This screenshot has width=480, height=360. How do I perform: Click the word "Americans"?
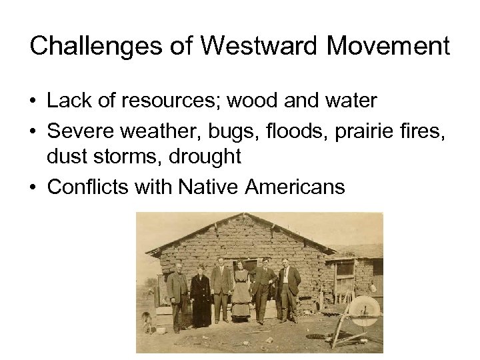coord(295,187)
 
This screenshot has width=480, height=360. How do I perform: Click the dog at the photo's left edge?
coord(147,322)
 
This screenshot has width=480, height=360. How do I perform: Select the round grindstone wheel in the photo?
coord(363,311)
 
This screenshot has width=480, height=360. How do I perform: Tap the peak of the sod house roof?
coord(245,215)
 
